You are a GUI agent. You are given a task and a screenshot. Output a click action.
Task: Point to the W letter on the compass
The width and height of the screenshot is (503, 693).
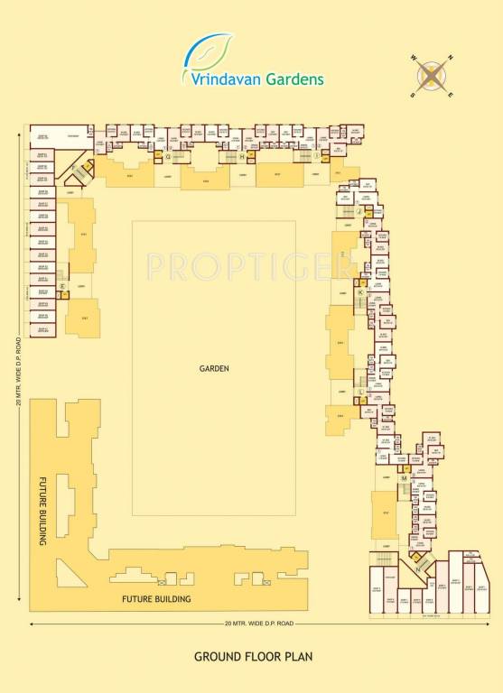[415, 60]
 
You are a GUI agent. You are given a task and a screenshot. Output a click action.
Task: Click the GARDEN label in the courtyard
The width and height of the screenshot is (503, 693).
[215, 368]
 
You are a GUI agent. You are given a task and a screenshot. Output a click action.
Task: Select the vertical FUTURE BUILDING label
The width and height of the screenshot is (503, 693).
[42, 512]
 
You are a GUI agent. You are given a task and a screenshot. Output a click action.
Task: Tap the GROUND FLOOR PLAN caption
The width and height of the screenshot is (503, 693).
[252, 656]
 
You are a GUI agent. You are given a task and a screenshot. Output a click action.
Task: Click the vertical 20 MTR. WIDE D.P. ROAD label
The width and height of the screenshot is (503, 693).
[18, 371]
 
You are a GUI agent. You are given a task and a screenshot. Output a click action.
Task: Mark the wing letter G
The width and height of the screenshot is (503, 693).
[168, 156]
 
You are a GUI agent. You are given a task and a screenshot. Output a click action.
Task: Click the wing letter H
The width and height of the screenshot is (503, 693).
[242, 156]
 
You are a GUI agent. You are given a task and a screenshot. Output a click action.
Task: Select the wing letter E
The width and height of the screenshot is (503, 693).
[62, 286]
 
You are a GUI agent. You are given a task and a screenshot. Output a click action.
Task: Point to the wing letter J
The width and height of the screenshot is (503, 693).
[359, 210]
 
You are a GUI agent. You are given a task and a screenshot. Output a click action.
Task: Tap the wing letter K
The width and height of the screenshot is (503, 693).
[359, 293]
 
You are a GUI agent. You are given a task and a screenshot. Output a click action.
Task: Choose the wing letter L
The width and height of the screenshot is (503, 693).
[360, 391]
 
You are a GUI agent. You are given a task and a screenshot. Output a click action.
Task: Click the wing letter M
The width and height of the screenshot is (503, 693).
[403, 477]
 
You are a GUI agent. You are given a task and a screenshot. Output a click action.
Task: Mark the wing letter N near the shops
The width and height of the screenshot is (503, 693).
[417, 568]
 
